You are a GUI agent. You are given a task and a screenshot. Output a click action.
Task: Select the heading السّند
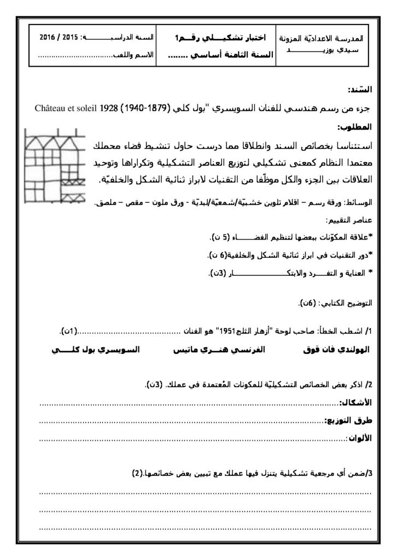[360, 89]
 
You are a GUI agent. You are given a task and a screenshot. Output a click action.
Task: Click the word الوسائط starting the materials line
[359, 203]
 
